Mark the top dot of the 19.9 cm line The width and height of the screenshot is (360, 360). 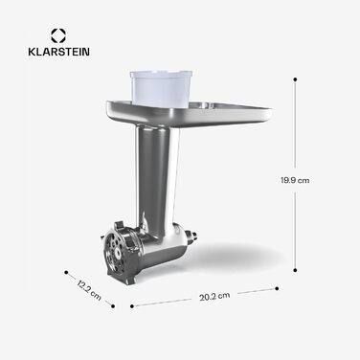[x=295, y=80]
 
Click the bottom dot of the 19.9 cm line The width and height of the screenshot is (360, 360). [x=295, y=270]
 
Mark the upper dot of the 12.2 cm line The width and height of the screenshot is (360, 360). [x=65, y=269]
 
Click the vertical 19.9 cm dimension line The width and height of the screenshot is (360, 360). [x=295, y=172]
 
